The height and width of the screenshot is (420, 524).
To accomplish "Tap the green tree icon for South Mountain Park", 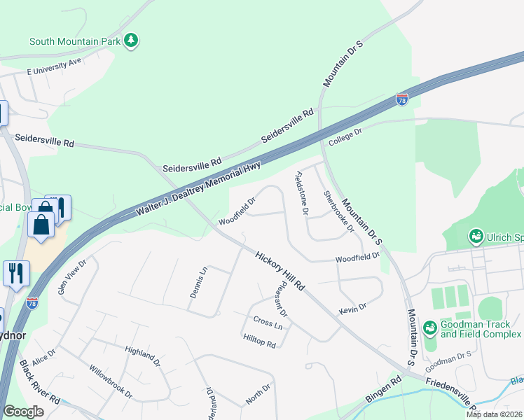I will (130, 41).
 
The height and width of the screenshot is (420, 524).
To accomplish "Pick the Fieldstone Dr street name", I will (302, 192).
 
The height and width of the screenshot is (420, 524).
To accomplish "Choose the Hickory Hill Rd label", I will (280, 272).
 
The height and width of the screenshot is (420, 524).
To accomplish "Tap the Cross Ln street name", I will (268, 324).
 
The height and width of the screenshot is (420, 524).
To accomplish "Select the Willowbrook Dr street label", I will (110, 381).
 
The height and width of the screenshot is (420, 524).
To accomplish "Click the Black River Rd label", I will (40, 381).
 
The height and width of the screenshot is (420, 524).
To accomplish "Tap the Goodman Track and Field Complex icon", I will (429, 327).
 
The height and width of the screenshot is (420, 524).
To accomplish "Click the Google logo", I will (23, 412).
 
